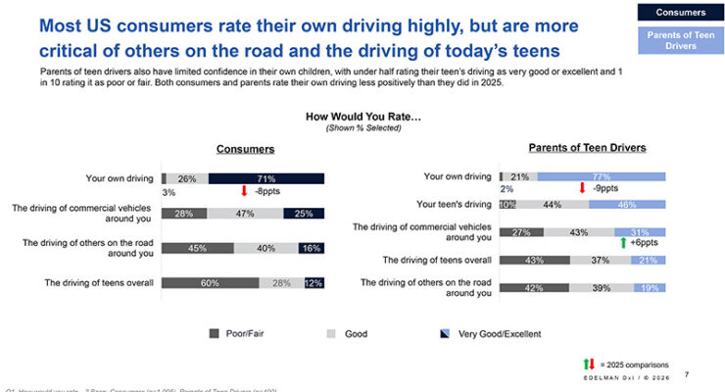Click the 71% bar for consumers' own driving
pos(265,178)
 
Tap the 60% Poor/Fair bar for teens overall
pos(210,283)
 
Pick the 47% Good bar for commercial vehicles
pos(245,213)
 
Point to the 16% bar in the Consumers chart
pos(313,248)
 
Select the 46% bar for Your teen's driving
pos(627,204)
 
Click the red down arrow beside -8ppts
pos(245,191)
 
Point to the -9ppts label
pos(605,187)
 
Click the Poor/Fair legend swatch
pos(215,334)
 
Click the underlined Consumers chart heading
pos(245,149)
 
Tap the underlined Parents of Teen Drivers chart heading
pos(587,147)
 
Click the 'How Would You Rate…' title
pos(362,116)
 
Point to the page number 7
pos(686,373)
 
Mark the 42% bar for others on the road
pos(534,287)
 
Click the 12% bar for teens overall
pos(314,283)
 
